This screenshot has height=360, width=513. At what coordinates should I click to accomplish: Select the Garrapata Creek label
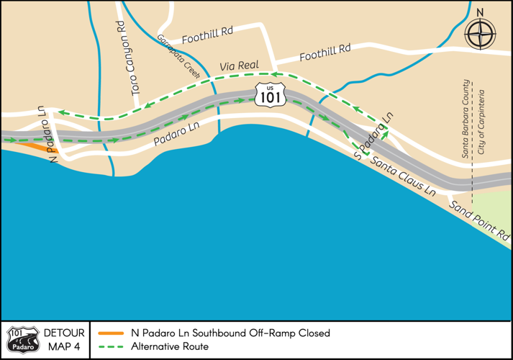point(178,55)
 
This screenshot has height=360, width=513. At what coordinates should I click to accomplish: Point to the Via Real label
point(239,66)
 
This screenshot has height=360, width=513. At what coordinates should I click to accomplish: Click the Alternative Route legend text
point(170,347)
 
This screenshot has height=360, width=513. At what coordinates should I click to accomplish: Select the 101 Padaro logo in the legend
point(22,340)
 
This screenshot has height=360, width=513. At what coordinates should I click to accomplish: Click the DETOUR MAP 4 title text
point(64,340)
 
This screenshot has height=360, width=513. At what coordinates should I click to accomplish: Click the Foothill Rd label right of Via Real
point(324,52)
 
